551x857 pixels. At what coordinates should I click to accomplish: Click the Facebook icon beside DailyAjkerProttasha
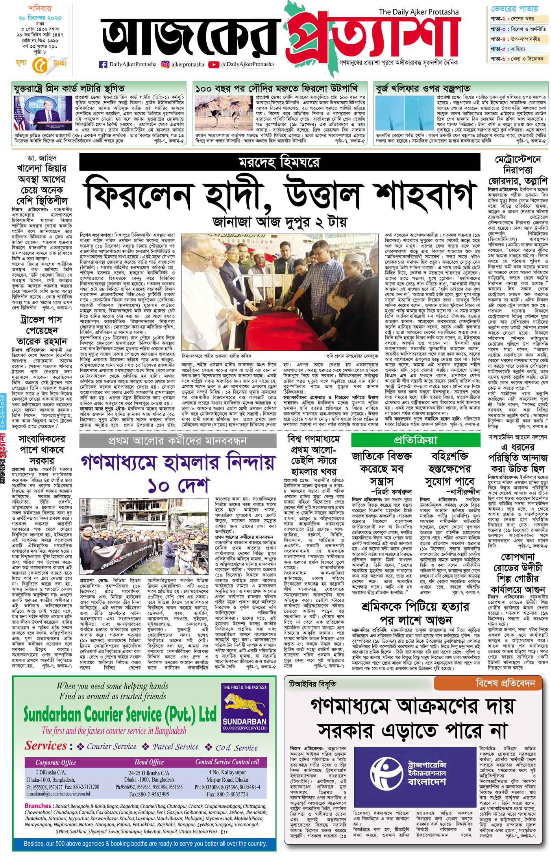[x=104, y=65]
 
